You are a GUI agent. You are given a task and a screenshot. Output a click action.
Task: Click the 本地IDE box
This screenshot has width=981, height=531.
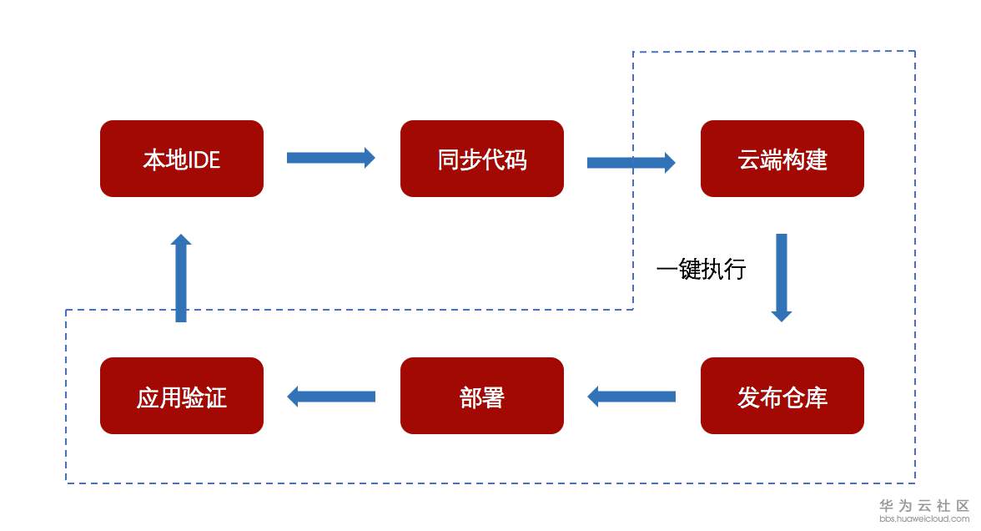click(x=182, y=159)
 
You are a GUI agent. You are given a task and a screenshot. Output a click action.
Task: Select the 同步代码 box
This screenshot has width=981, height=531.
click(x=482, y=159)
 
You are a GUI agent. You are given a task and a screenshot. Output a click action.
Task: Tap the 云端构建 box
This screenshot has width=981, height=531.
click(x=782, y=159)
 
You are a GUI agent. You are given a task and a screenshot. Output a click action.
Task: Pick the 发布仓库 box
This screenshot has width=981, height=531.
click(x=782, y=396)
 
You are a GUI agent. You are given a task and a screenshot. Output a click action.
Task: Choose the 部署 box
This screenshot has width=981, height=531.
click(x=482, y=396)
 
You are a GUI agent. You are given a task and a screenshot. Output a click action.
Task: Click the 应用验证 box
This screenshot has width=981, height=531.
click(x=182, y=396)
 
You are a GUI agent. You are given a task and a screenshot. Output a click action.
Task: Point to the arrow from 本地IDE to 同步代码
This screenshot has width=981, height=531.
click(x=331, y=158)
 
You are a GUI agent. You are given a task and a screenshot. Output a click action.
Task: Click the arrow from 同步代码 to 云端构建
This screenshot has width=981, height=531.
click(x=631, y=163)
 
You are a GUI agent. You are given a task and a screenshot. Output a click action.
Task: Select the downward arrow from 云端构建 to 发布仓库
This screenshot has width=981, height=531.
click(x=782, y=277)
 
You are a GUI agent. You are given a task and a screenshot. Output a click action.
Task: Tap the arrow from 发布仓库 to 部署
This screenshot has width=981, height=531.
click(x=631, y=397)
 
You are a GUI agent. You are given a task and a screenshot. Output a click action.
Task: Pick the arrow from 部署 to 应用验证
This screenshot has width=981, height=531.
click(x=331, y=397)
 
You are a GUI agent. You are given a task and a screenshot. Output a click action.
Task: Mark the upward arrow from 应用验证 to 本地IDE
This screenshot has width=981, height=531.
click(x=181, y=278)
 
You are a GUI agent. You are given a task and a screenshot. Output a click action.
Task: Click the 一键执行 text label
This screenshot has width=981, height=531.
click(x=701, y=270)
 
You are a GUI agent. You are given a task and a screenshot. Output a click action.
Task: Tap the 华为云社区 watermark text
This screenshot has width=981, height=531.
click(x=924, y=506)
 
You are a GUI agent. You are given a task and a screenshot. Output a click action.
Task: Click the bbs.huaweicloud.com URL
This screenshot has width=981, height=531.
click(x=924, y=519)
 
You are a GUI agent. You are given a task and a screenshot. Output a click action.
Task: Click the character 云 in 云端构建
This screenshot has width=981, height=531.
click(x=749, y=159)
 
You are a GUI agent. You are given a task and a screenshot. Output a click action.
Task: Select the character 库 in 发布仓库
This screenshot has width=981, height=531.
click(x=816, y=397)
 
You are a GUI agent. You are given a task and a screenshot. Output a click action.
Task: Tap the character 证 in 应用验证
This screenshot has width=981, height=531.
click(x=215, y=397)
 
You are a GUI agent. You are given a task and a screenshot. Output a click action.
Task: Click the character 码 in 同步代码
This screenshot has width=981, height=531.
click(x=516, y=159)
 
